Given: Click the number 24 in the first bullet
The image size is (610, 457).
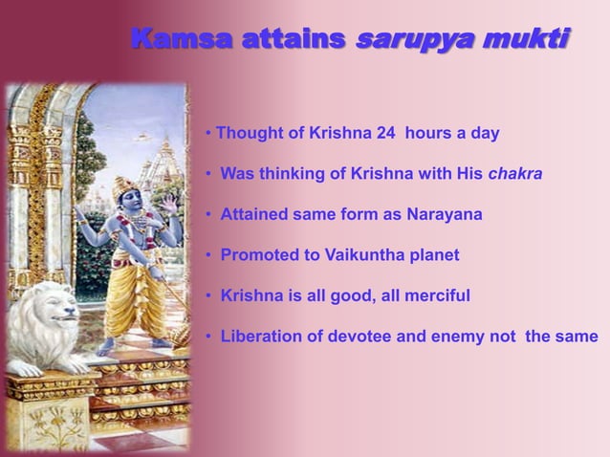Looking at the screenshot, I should coord(385,133).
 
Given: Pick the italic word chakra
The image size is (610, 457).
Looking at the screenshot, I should coord(516,174).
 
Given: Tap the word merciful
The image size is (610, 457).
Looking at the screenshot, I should coord(432,296).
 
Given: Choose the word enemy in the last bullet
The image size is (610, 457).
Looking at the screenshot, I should coord(451,337).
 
